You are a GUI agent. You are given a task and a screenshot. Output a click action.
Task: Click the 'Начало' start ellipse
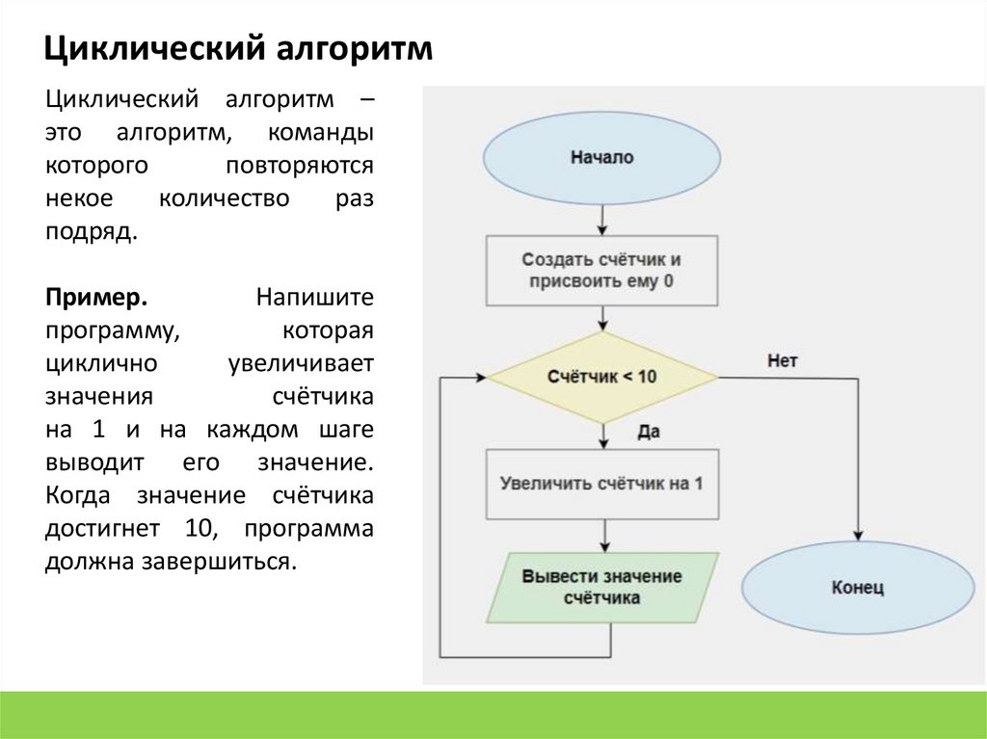(601, 157)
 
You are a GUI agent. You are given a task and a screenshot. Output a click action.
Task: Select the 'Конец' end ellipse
(857, 587)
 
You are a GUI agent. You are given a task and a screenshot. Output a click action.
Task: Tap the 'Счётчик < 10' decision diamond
(601, 377)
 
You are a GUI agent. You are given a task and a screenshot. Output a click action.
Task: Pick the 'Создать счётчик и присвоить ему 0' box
(601, 271)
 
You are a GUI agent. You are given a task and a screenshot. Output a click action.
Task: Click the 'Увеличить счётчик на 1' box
(601, 484)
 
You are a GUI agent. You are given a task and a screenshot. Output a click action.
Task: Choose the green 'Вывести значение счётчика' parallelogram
(601, 587)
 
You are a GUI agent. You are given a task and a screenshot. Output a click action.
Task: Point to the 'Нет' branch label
(783, 360)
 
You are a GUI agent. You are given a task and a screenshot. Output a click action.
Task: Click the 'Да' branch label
(648, 433)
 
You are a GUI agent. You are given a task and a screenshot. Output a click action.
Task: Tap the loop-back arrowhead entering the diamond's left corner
(479, 378)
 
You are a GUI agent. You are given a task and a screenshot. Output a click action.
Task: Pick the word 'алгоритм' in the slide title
(341, 48)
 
